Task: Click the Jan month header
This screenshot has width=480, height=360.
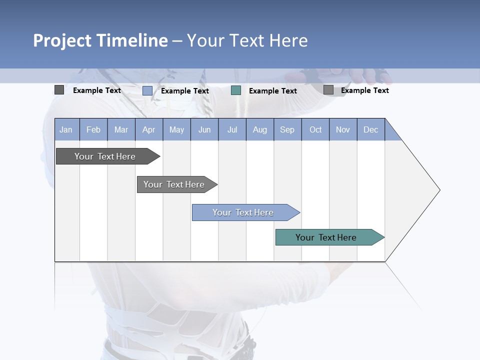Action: (x=66, y=129)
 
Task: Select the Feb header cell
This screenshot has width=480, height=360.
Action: (x=93, y=129)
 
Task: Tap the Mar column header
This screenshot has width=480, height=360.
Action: (x=121, y=129)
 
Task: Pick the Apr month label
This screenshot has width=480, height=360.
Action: (x=148, y=129)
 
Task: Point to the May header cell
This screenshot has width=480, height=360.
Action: (x=176, y=129)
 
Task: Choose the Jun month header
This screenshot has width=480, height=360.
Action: (x=204, y=129)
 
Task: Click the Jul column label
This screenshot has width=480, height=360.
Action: (x=232, y=129)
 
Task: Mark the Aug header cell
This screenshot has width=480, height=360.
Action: (x=260, y=129)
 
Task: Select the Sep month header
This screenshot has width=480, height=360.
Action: (x=287, y=129)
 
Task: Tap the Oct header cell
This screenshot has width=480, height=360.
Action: (x=315, y=129)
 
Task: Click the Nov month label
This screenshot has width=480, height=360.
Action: (x=343, y=129)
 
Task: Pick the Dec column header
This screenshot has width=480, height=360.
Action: (x=371, y=129)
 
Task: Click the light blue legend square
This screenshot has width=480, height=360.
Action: (x=147, y=90)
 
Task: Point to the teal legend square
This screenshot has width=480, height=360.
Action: (x=236, y=90)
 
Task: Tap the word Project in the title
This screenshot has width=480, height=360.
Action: (x=62, y=40)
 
